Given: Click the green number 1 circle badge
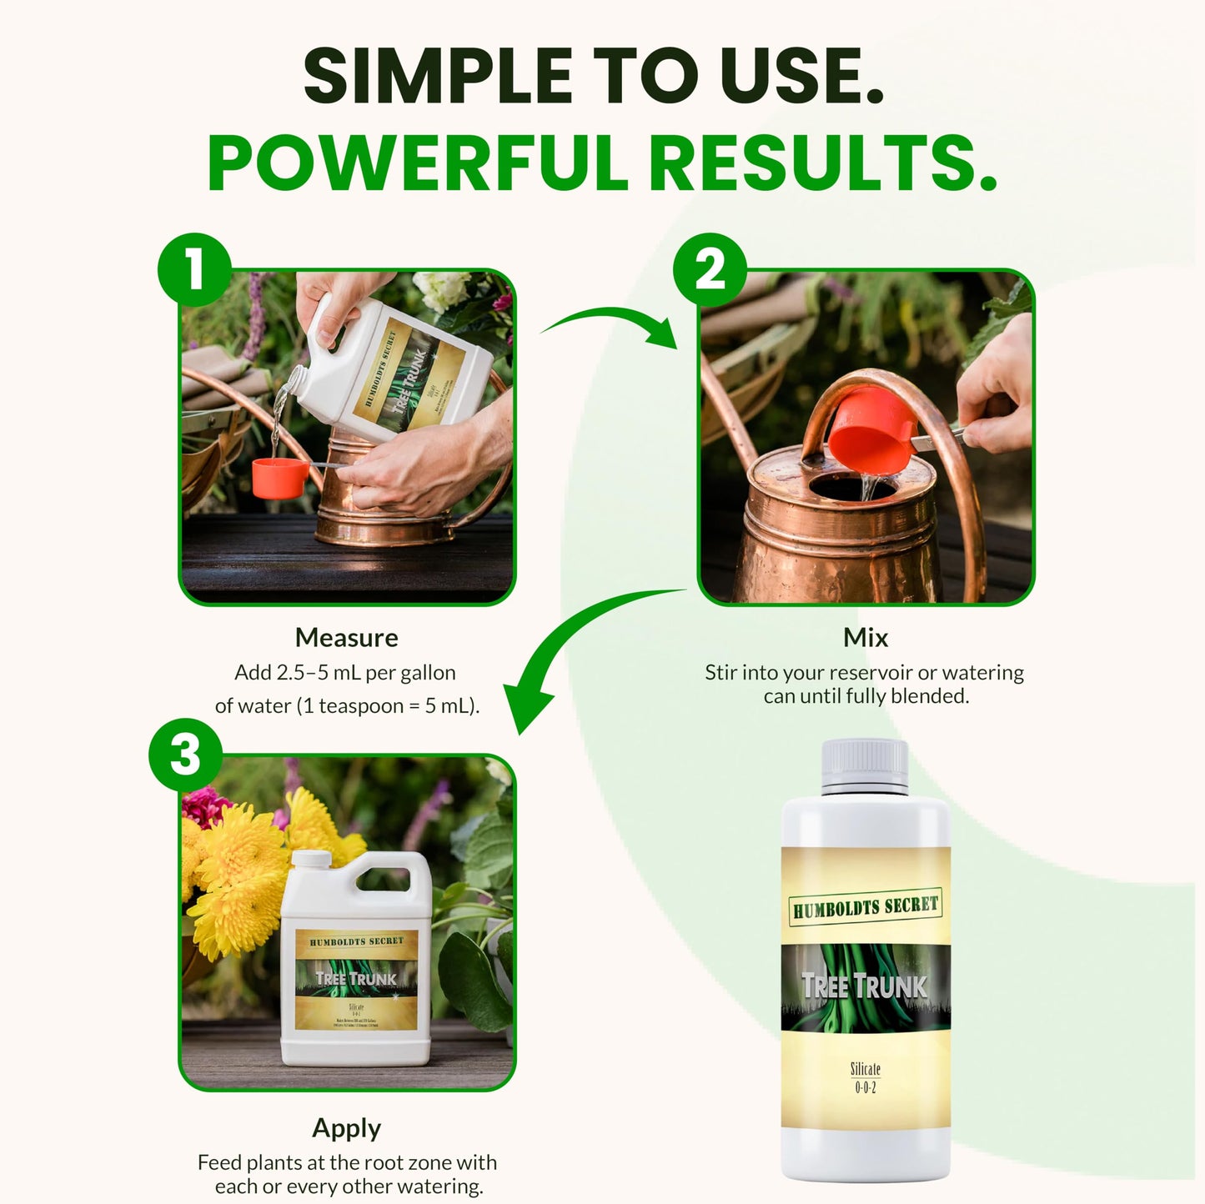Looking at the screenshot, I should point(194,269).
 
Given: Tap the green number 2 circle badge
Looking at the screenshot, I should point(710,269).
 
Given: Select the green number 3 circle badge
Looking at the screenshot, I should point(185,755).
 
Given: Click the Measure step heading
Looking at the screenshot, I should point(346,638).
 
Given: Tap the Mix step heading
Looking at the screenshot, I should point(866,638).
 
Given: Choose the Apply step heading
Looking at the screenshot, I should point(346,1128).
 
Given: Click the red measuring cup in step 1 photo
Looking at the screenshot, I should point(279,478).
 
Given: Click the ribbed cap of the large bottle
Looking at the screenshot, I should point(865,765).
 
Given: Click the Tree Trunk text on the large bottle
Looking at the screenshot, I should point(865,986).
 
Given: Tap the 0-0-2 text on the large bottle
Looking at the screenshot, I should point(865,1087).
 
